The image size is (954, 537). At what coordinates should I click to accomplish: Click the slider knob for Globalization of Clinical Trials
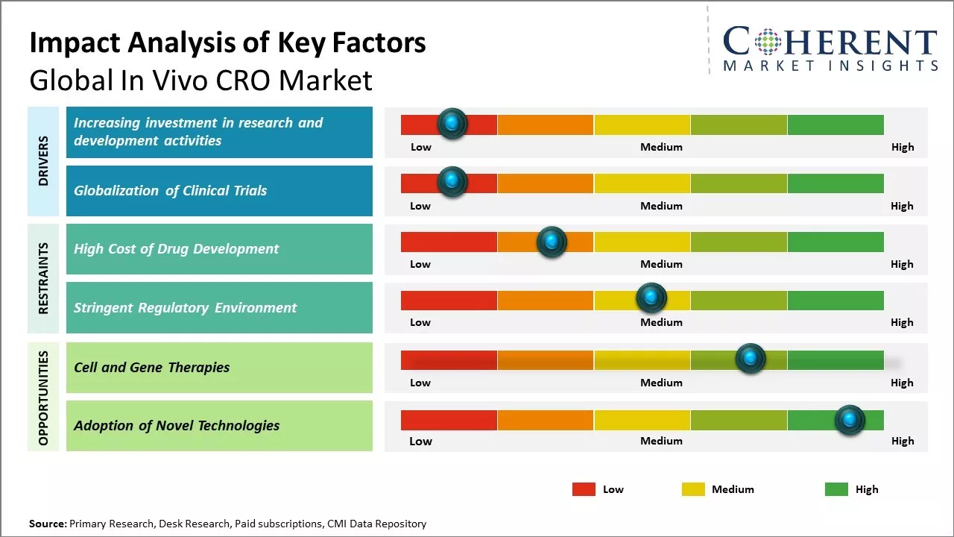coord(452,181)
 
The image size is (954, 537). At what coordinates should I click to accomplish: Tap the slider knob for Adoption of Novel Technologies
coord(849,420)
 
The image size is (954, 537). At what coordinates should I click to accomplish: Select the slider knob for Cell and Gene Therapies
coord(751,359)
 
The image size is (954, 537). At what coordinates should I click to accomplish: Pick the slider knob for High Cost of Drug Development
coord(552,242)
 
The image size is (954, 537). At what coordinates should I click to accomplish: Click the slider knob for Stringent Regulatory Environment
coord(651,298)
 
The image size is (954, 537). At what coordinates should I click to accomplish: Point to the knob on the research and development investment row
coord(452,123)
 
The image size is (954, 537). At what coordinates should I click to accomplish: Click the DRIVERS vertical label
coord(43,160)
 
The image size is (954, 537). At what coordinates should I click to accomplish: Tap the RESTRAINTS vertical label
coord(43,277)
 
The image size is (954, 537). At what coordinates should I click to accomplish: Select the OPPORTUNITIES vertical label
coord(43,398)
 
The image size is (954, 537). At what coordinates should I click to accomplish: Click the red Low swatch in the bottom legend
coord(584,489)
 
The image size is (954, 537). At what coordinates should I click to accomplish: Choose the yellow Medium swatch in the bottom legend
coord(693,489)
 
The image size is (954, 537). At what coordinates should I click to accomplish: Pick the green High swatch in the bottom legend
coord(836,489)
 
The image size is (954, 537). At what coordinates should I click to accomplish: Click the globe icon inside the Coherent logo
coord(768,42)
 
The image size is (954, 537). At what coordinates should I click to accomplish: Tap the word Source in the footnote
coord(47,524)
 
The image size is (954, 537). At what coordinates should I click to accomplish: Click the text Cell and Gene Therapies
coord(151,367)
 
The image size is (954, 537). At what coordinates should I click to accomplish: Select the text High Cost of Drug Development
coord(176,249)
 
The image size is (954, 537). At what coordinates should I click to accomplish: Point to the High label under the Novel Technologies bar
coord(902,441)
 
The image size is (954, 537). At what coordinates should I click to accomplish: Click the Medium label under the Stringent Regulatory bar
coord(661,322)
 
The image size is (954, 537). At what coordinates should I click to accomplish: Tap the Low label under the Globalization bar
coord(420,206)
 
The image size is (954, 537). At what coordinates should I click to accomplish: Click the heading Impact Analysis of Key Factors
coord(227,43)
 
